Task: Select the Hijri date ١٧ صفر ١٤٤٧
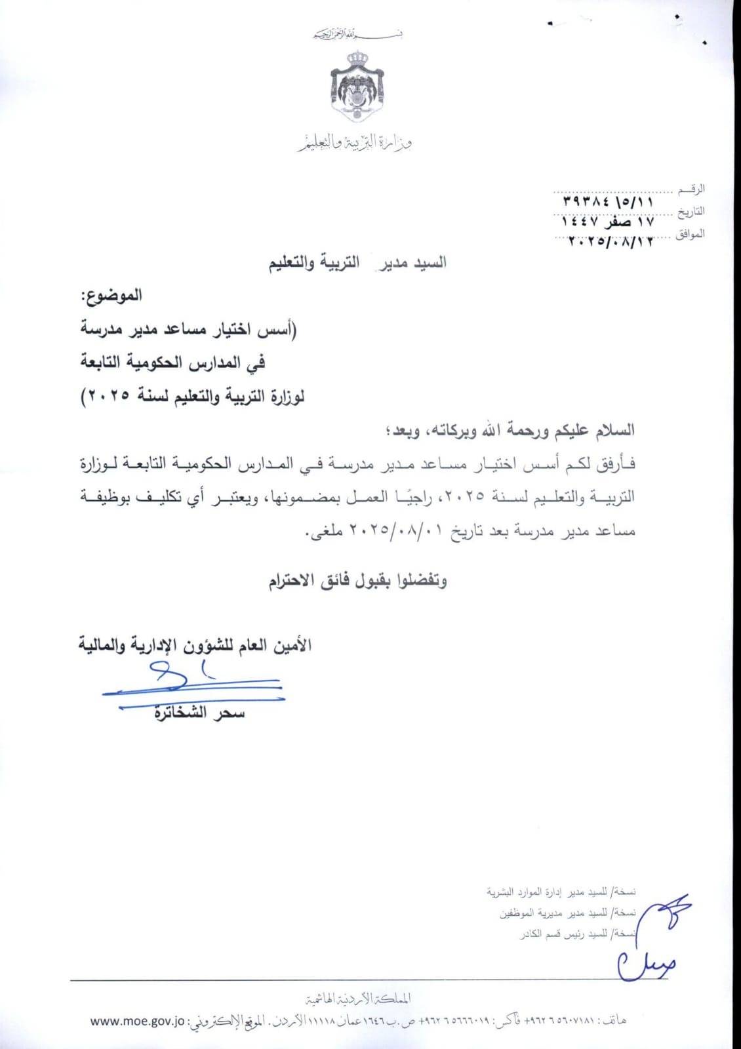608,222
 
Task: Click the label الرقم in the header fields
693,189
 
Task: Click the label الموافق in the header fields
690,234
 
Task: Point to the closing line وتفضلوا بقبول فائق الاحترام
358,581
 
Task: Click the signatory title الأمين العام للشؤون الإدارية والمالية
195,645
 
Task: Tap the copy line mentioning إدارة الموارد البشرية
561,892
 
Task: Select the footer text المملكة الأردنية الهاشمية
361,999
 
